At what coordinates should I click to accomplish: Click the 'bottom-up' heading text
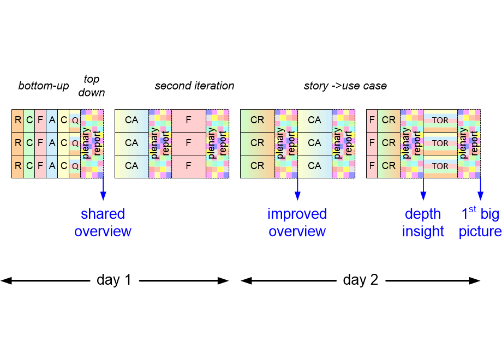click(x=44, y=86)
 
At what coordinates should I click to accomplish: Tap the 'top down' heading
click(x=91, y=86)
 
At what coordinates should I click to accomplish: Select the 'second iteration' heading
click(x=194, y=86)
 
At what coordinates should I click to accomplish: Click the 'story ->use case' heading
click(x=345, y=86)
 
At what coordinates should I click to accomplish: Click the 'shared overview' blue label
click(x=103, y=223)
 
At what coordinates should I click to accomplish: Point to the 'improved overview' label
click(x=297, y=223)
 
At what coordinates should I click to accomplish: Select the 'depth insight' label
click(x=423, y=223)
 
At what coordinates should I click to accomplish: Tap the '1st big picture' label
click(x=480, y=223)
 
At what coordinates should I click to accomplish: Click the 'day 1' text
click(x=114, y=280)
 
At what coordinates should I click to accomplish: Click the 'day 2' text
click(x=360, y=280)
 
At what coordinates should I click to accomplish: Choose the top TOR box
click(x=440, y=120)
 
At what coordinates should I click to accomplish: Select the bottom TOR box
click(x=440, y=166)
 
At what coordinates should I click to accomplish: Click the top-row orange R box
click(x=17, y=120)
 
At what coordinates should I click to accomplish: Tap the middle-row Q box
click(x=75, y=143)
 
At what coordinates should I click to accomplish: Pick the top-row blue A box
click(x=52, y=120)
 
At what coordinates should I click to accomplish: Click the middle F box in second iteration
click(x=189, y=143)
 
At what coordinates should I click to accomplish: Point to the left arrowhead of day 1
click(x=4, y=280)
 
